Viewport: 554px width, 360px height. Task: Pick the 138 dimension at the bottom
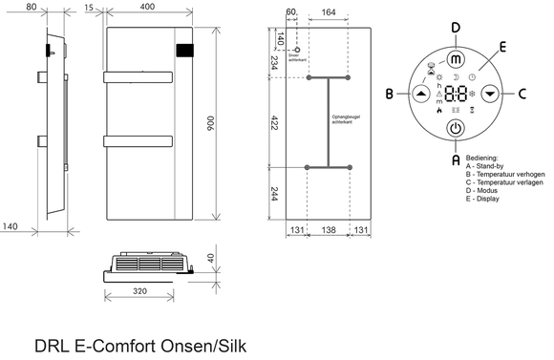[330, 232]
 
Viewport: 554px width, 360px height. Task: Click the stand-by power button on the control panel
[455, 128]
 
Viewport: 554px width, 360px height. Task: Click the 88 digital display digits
[456, 95]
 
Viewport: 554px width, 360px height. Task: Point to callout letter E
[502, 46]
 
